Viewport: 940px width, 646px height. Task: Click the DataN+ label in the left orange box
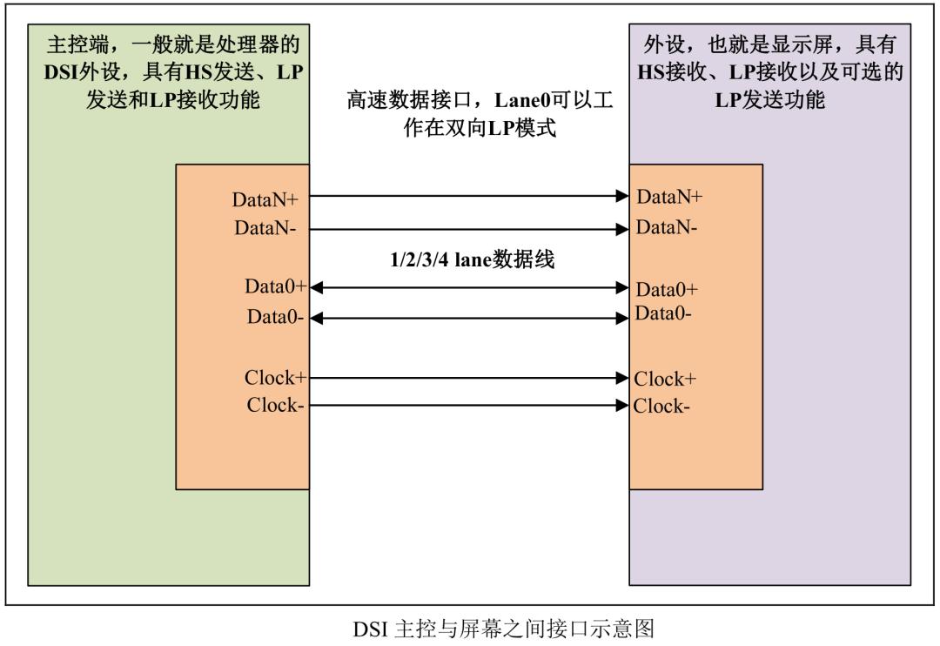point(265,199)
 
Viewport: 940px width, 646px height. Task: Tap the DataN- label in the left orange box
point(265,228)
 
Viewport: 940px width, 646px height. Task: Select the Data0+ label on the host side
point(275,286)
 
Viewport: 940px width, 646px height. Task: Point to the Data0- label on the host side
point(275,316)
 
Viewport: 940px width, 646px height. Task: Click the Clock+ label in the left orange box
point(275,377)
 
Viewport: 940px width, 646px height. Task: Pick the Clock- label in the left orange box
point(275,405)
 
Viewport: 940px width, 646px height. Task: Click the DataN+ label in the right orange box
point(669,196)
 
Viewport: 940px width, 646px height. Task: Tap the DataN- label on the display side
point(667,226)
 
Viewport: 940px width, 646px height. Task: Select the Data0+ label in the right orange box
point(667,289)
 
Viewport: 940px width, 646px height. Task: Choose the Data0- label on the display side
point(663,313)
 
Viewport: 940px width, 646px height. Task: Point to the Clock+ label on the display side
point(665,379)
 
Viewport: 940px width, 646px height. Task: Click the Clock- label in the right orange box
point(661,406)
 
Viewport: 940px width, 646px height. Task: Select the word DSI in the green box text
point(61,72)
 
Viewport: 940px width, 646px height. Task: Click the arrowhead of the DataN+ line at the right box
point(622,196)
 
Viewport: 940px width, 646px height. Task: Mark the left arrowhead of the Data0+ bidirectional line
point(317,288)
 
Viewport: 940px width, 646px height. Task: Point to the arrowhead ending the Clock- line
point(622,406)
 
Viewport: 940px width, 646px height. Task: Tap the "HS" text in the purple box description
point(651,72)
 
